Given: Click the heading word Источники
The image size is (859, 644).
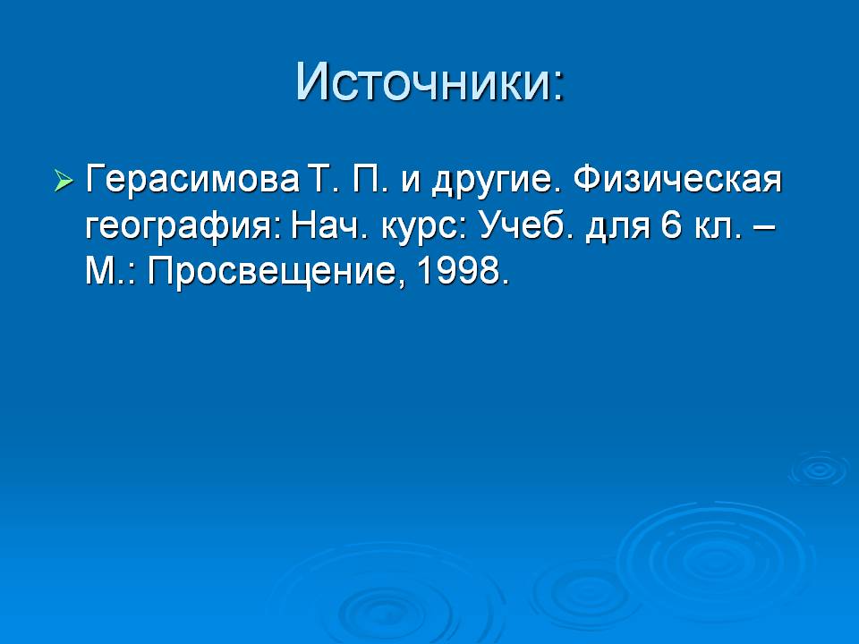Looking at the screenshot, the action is pyautogui.click(x=423, y=82).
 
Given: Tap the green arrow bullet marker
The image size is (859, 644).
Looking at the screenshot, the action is pyautogui.click(x=64, y=180).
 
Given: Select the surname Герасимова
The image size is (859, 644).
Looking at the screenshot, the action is pyautogui.click(x=192, y=180).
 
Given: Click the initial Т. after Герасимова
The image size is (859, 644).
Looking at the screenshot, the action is pyautogui.click(x=323, y=179).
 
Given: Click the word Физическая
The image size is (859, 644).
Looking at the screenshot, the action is pyautogui.click(x=677, y=179).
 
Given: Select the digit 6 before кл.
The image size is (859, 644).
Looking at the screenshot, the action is pyautogui.click(x=671, y=225).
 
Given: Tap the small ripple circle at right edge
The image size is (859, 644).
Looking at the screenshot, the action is pyautogui.click(x=821, y=468).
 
